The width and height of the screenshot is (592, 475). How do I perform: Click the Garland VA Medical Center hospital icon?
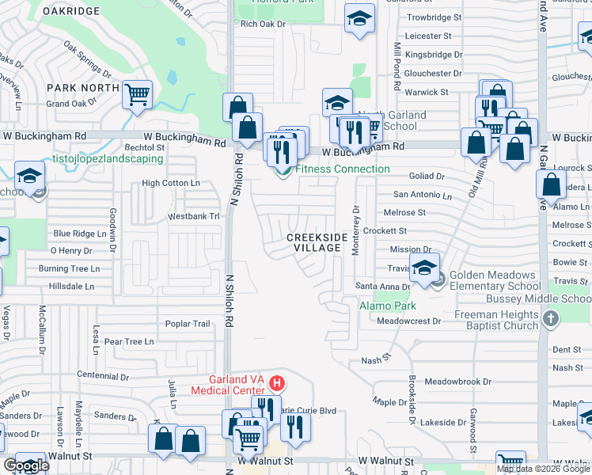(277, 384)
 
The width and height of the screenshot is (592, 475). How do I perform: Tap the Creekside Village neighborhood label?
(317, 242)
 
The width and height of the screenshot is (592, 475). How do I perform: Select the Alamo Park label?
(388, 306)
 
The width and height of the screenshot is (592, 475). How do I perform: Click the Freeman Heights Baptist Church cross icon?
(552, 318)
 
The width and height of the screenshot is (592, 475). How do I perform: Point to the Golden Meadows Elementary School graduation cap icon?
(424, 266)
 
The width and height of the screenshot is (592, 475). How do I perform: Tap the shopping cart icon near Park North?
(138, 95)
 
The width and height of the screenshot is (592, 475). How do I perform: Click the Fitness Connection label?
(342, 169)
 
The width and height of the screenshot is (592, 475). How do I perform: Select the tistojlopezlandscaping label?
(108, 158)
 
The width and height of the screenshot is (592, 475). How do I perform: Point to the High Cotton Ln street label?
(170, 183)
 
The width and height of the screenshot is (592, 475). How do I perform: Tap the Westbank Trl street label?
(193, 216)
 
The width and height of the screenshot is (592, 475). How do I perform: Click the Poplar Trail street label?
(188, 324)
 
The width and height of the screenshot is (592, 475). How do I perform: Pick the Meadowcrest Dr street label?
(408, 321)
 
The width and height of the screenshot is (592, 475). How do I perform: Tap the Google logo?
(26, 465)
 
